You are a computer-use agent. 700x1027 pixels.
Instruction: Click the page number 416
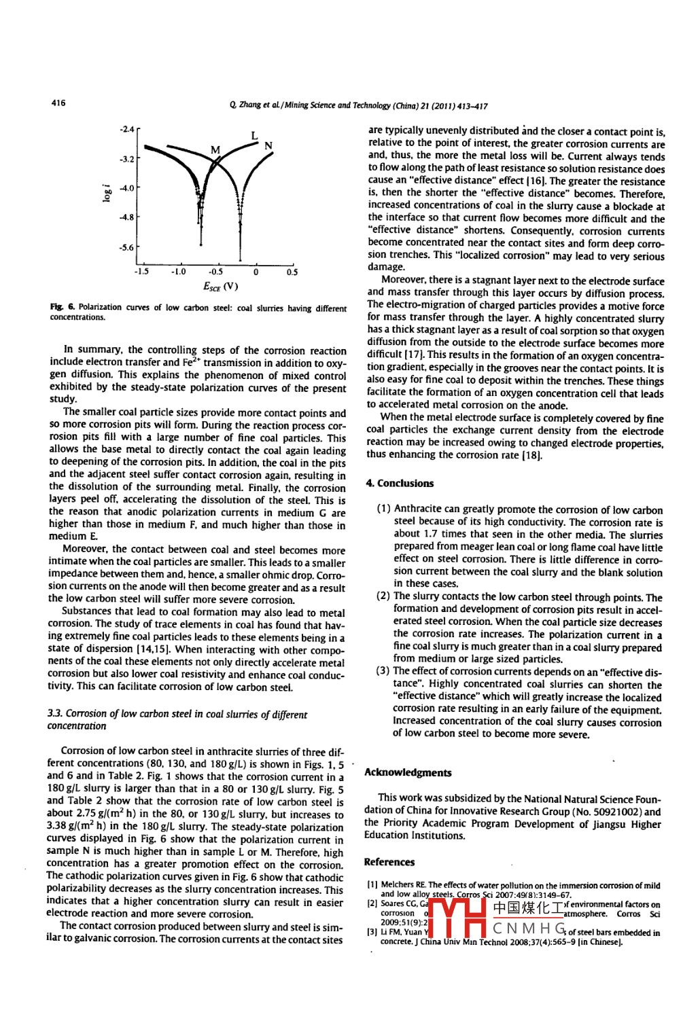(x=58, y=103)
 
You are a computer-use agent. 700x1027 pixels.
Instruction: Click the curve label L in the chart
(x=254, y=135)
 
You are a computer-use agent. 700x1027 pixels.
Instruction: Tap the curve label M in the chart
(x=215, y=149)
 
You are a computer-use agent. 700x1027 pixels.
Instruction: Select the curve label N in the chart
(x=268, y=145)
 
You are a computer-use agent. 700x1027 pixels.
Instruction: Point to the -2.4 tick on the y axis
(x=127, y=129)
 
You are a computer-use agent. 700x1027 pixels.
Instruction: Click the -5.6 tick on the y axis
(x=127, y=247)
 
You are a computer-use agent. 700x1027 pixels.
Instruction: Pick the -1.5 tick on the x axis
(x=141, y=272)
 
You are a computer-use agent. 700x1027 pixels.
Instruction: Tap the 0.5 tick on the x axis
(x=292, y=272)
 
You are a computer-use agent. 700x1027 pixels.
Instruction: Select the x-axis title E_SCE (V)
(x=220, y=286)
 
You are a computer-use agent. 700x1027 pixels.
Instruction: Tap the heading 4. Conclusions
(x=400, y=483)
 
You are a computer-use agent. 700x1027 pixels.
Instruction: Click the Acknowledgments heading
(x=408, y=772)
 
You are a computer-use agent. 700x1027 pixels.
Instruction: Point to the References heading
(x=389, y=862)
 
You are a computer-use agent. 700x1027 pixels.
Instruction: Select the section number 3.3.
(x=54, y=715)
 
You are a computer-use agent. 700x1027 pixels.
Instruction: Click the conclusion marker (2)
(x=383, y=596)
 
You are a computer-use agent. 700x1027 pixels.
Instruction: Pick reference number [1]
(x=372, y=885)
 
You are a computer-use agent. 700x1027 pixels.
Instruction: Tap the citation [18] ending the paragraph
(x=531, y=455)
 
